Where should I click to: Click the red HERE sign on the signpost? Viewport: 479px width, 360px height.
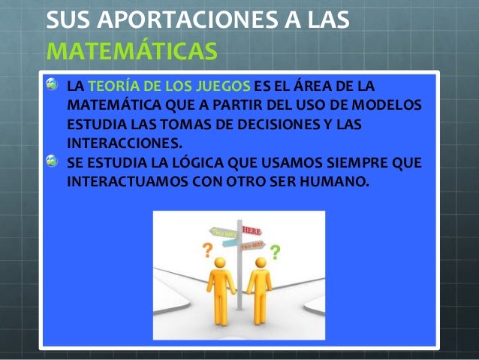pyautogui.click(x=250, y=228)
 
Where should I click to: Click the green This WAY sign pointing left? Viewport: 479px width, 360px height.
pyautogui.click(x=224, y=231)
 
